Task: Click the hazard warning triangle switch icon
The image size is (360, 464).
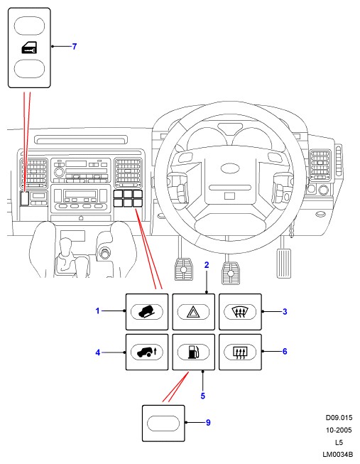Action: point(193,312)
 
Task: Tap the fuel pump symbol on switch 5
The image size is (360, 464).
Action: point(193,352)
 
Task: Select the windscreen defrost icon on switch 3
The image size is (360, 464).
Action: point(239,312)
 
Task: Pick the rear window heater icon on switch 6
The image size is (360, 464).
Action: point(240,352)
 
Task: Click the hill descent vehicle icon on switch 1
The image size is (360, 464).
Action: point(147,312)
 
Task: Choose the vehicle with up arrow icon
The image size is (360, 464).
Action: point(147,352)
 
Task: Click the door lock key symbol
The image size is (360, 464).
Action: point(29,48)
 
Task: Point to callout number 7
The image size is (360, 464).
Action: point(75,46)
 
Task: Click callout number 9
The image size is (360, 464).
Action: point(208,423)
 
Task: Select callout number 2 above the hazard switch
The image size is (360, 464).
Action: point(207,265)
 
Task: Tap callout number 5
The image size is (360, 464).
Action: point(202,396)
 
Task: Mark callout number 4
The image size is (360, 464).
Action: point(97,352)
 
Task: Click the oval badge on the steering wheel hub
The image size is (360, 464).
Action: point(231,168)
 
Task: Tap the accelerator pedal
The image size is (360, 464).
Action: point(283,263)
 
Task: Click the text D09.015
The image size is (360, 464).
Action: point(339,418)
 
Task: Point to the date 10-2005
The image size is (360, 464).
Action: point(339,430)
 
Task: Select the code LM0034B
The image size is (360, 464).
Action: point(337,454)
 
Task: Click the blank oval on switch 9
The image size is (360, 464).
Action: point(163,423)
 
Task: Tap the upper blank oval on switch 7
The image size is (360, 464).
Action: point(29,26)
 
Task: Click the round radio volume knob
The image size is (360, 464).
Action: point(59,172)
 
